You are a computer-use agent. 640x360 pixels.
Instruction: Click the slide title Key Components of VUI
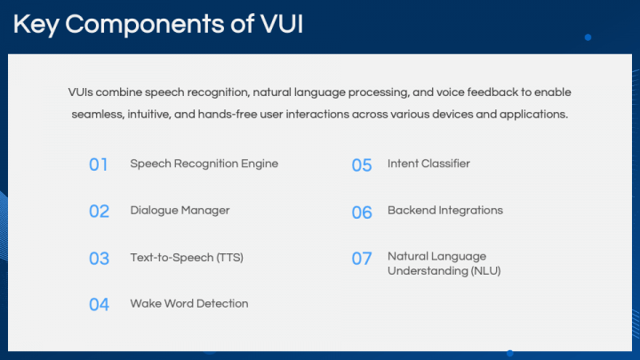(x=158, y=24)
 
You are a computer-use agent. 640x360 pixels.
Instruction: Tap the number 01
(x=99, y=164)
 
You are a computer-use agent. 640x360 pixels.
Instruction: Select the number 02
(x=99, y=212)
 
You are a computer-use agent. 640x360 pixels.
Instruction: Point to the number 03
(x=99, y=259)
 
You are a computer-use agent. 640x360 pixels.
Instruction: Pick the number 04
(x=99, y=305)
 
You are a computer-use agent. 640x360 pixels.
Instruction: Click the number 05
(x=362, y=165)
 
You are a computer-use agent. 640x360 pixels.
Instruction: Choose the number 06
(x=362, y=212)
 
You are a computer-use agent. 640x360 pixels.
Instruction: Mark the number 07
(x=362, y=259)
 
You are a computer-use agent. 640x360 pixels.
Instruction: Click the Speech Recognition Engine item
(x=204, y=164)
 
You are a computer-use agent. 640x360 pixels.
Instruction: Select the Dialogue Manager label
(x=180, y=211)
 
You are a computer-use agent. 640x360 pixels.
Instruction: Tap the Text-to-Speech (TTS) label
(x=187, y=258)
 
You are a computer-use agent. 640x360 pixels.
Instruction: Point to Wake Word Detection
(x=189, y=304)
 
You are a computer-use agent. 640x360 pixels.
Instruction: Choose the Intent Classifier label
(x=428, y=164)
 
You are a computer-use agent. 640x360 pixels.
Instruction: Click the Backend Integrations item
(x=444, y=211)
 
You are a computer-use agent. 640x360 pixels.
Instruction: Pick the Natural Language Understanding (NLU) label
(x=444, y=264)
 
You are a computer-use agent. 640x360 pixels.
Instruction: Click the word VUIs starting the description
(x=81, y=92)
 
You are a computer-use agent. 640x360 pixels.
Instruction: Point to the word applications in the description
(x=536, y=115)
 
